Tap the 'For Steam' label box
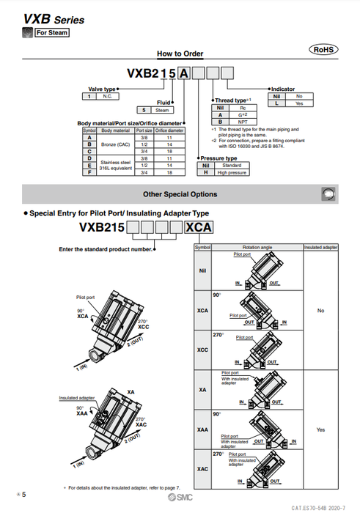coord(52,32)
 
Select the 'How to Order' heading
coord(180,53)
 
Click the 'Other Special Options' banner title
coord(180,194)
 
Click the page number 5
coord(23,497)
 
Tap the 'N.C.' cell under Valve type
coord(108,96)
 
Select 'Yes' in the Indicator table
coord(298,103)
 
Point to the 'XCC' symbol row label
coord(202,350)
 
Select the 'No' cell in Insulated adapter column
coord(320,311)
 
